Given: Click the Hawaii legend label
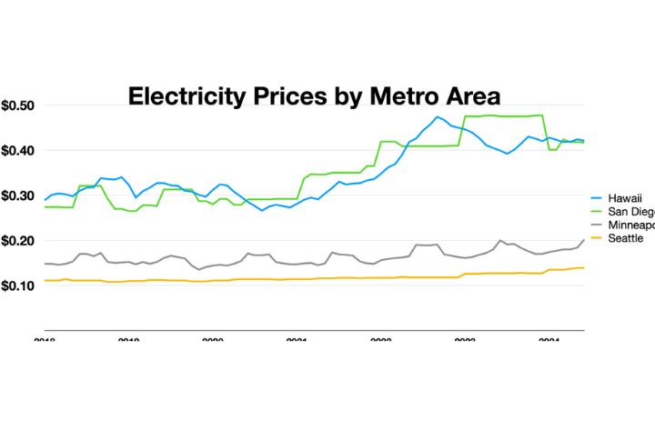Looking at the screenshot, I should pos(624,195).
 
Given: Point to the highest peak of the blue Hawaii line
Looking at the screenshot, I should pos(438,116).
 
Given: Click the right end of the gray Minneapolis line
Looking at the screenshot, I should pos(583,240).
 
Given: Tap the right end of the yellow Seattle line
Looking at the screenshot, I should pos(583,267).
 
